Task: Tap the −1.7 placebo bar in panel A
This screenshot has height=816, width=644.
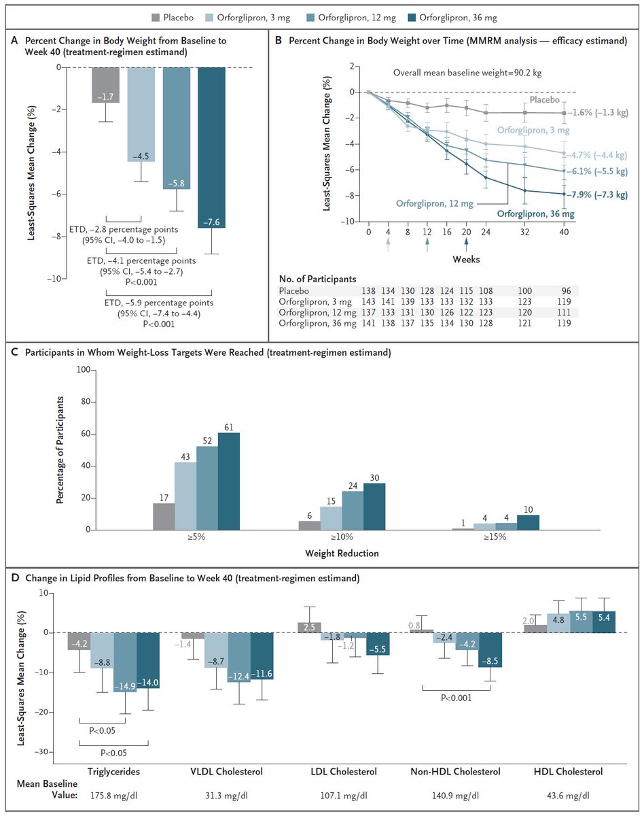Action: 105,85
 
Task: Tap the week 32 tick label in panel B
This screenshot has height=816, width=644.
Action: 524,232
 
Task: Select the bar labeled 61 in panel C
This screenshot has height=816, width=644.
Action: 228,481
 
